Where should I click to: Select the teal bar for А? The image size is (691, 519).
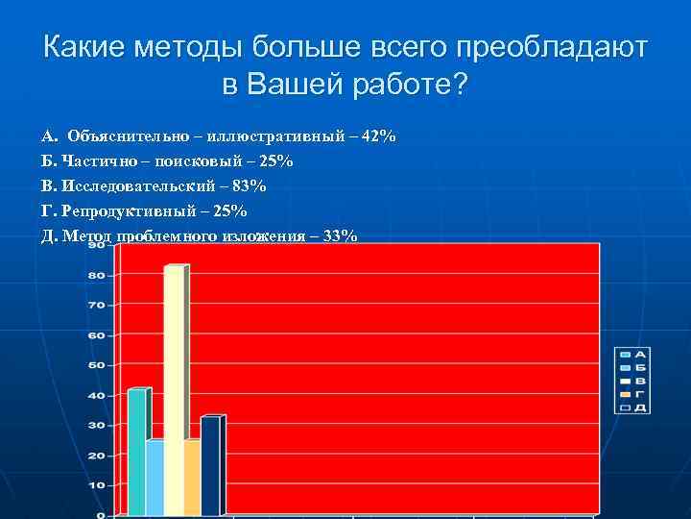pyautogui.click(x=136, y=452)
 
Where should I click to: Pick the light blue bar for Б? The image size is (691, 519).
pyautogui.click(x=155, y=478)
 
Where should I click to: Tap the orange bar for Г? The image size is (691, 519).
pyautogui.click(x=191, y=478)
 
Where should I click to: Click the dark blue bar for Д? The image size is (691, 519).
pyautogui.click(x=210, y=466)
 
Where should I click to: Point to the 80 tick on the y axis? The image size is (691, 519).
pyautogui.click(x=97, y=275)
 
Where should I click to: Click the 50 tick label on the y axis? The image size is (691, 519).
pyautogui.click(x=97, y=365)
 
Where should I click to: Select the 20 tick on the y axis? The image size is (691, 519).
pyautogui.click(x=97, y=456)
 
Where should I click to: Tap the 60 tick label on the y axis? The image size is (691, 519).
pyautogui.click(x=97, y=335)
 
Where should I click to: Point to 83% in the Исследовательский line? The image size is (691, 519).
pyautogui.click(x=249, y=185)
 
